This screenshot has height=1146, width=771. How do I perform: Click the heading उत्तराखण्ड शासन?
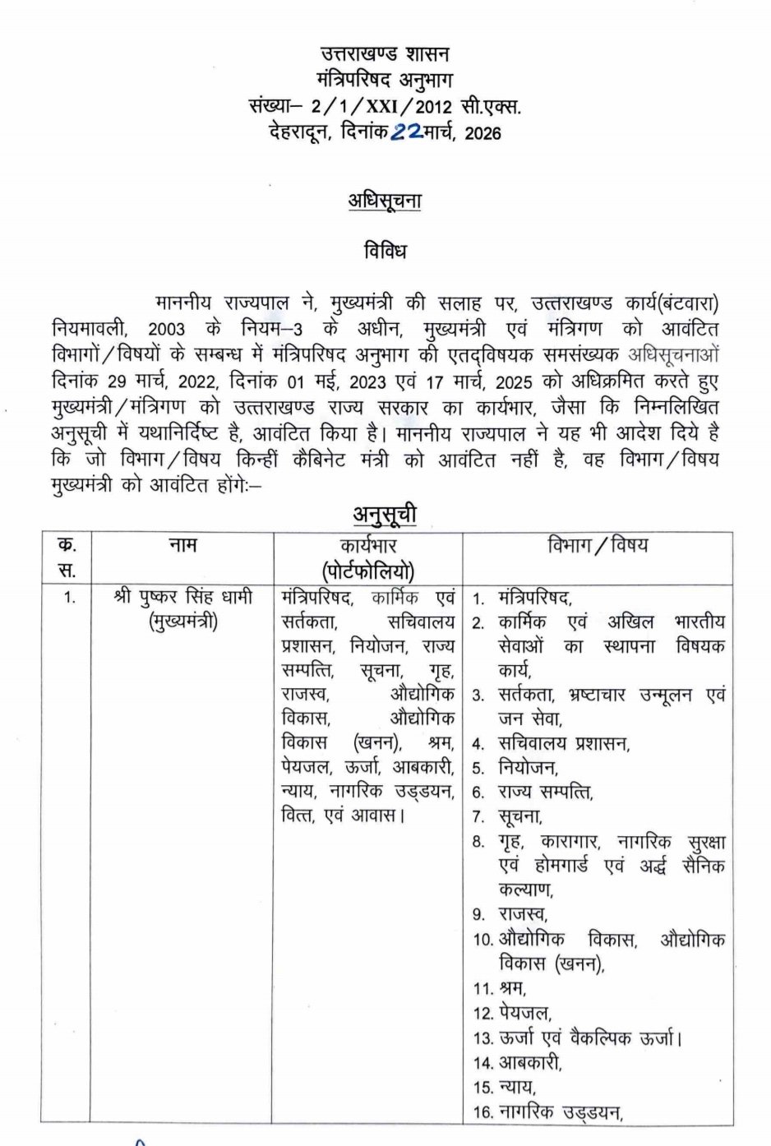click(385, 55)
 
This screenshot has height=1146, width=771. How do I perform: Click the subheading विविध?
click(385, 251)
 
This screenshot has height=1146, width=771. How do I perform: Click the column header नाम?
click(182, 545)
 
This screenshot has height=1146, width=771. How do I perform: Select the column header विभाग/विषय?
click(598, 545)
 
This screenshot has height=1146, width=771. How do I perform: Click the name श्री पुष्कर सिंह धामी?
click(182, 597)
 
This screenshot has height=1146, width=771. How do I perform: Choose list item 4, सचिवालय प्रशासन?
click(563, 744)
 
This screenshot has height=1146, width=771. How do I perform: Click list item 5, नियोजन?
click(528, 769)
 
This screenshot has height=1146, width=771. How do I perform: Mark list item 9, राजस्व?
click(524, 914)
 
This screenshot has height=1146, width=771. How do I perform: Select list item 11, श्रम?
click(512, 987)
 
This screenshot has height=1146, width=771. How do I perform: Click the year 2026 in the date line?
click(482, 132)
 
